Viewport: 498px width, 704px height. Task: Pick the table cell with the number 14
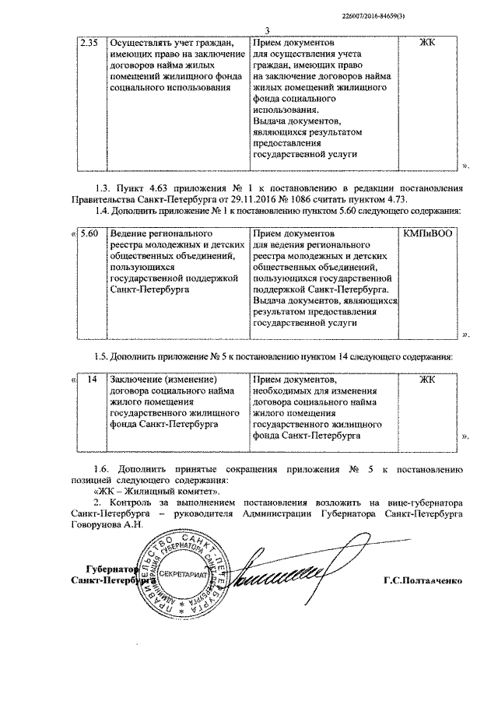click(x=91, y=380)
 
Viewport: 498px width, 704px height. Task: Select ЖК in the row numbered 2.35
click(x=427, y=41)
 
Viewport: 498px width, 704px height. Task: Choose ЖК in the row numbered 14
click(x=427, y=380)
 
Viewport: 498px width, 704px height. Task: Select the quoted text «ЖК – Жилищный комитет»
click(x=156, y=492)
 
